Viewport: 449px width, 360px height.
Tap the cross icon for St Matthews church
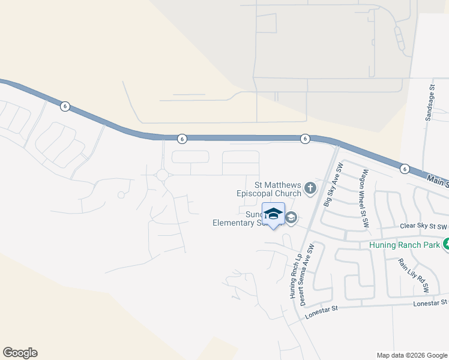(x=310, y=189)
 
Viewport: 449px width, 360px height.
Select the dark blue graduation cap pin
(x=273, y=215)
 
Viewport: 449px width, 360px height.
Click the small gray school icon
(x=291, y=217)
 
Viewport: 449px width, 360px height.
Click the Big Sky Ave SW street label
(x=333, y=185)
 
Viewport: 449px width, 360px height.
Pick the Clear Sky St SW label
(x=423, y=227)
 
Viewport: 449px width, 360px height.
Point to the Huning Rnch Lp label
(x=294, y=273)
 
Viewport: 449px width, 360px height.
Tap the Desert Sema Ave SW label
(x=307, y=275)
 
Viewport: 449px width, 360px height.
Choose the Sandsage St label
(x=430, y=103)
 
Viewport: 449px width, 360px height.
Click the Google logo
(x=20, y=353)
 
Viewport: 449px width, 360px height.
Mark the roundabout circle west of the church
(x=162, y=175)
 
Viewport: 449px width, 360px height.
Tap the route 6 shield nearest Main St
(x=405, y=169)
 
